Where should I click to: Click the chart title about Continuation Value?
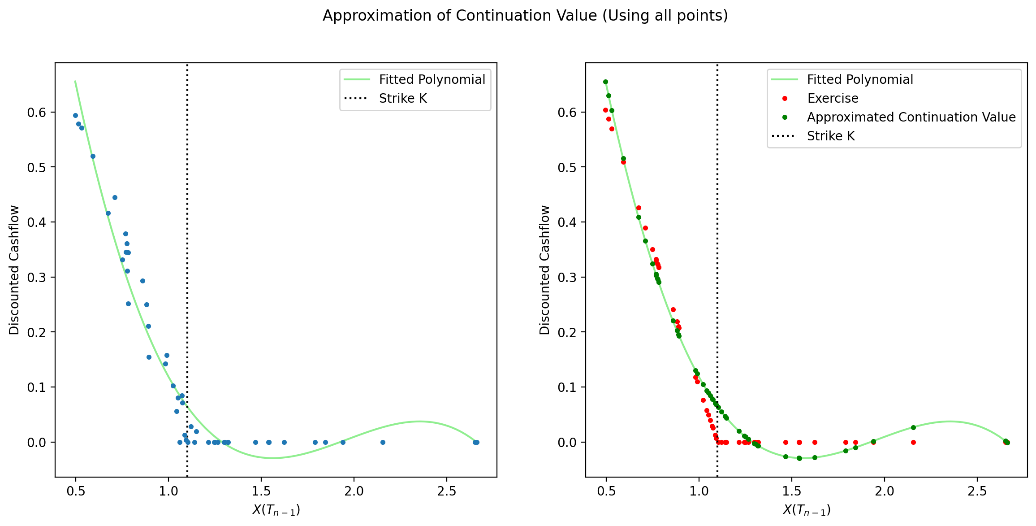coord(525,16)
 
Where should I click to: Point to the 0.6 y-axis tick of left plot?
coord(37,113)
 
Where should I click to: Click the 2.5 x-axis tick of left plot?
coord(446,491)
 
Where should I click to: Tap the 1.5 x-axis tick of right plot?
coord(792,491)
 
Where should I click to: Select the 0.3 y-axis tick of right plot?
coord(567,278)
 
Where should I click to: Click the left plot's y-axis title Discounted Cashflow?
coord(14,270)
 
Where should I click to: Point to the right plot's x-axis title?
coord(807,510)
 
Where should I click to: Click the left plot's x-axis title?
coord(276,510)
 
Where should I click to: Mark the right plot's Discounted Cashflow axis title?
coord(545,270)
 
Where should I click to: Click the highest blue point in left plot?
coord(75,116)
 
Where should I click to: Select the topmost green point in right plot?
coord(605,82)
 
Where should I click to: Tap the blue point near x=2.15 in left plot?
coord(383,442)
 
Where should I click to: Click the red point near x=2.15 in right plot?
coord(913,442)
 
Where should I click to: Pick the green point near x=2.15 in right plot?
coord(913,427)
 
